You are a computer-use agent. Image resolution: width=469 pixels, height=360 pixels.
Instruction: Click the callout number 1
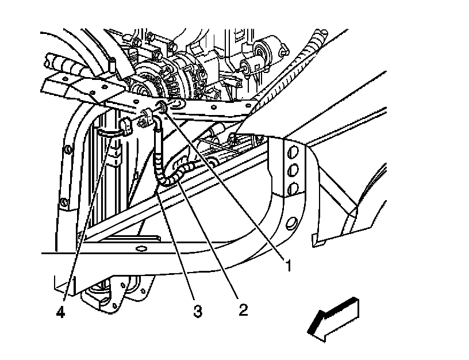pyautogui.click(x=289, y=266)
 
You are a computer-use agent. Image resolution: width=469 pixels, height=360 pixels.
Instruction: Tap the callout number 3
pyautogui.click(x=197, y=311)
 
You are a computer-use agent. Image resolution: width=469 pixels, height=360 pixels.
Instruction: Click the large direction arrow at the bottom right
pyautogui.click(x=333, y=316)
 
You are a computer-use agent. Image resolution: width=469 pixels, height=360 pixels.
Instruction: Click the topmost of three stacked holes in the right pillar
pyautogui.click(x=291, y=152)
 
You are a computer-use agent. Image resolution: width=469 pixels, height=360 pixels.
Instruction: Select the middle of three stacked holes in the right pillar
pyautogui.click(x=292, y=171)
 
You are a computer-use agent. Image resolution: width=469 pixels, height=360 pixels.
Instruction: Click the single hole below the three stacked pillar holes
pyautogui.click(x=291, y=223)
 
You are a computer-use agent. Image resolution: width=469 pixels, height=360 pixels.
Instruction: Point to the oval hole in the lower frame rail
pyautogui.click(x=139, y=249)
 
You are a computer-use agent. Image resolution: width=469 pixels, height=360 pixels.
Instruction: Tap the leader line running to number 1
pyautogui.click(x=224, y=184)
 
